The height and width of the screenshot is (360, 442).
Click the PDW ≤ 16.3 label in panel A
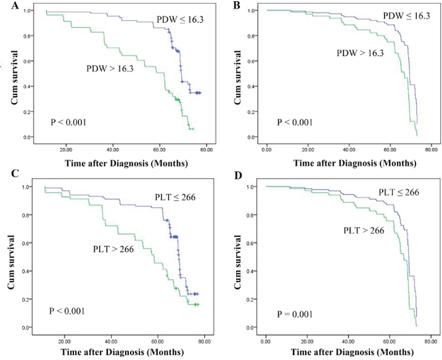pos(180,21)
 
